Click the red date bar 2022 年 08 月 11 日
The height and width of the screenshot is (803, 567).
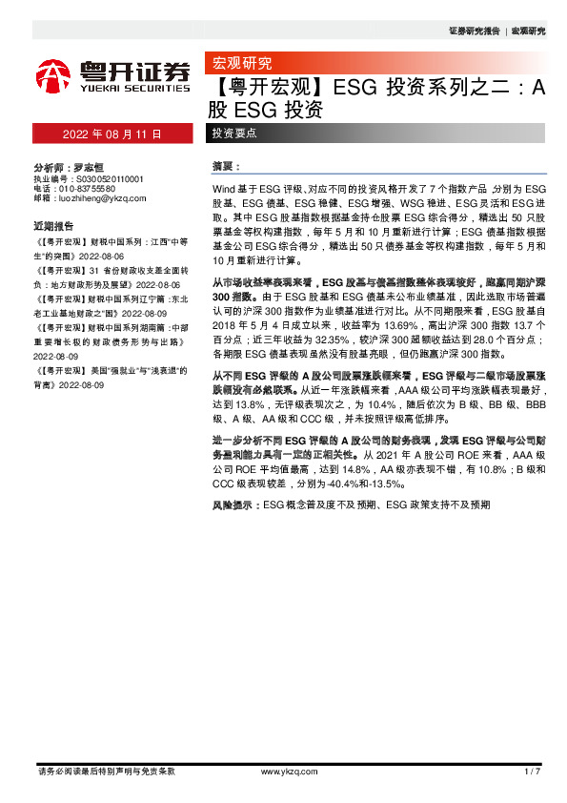tap(112, 134)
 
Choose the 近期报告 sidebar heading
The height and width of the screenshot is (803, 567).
tap(53, 226)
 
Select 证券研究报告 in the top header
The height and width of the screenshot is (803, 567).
tap(473, 31)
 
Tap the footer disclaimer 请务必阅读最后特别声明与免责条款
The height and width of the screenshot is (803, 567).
tap(106, 771)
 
